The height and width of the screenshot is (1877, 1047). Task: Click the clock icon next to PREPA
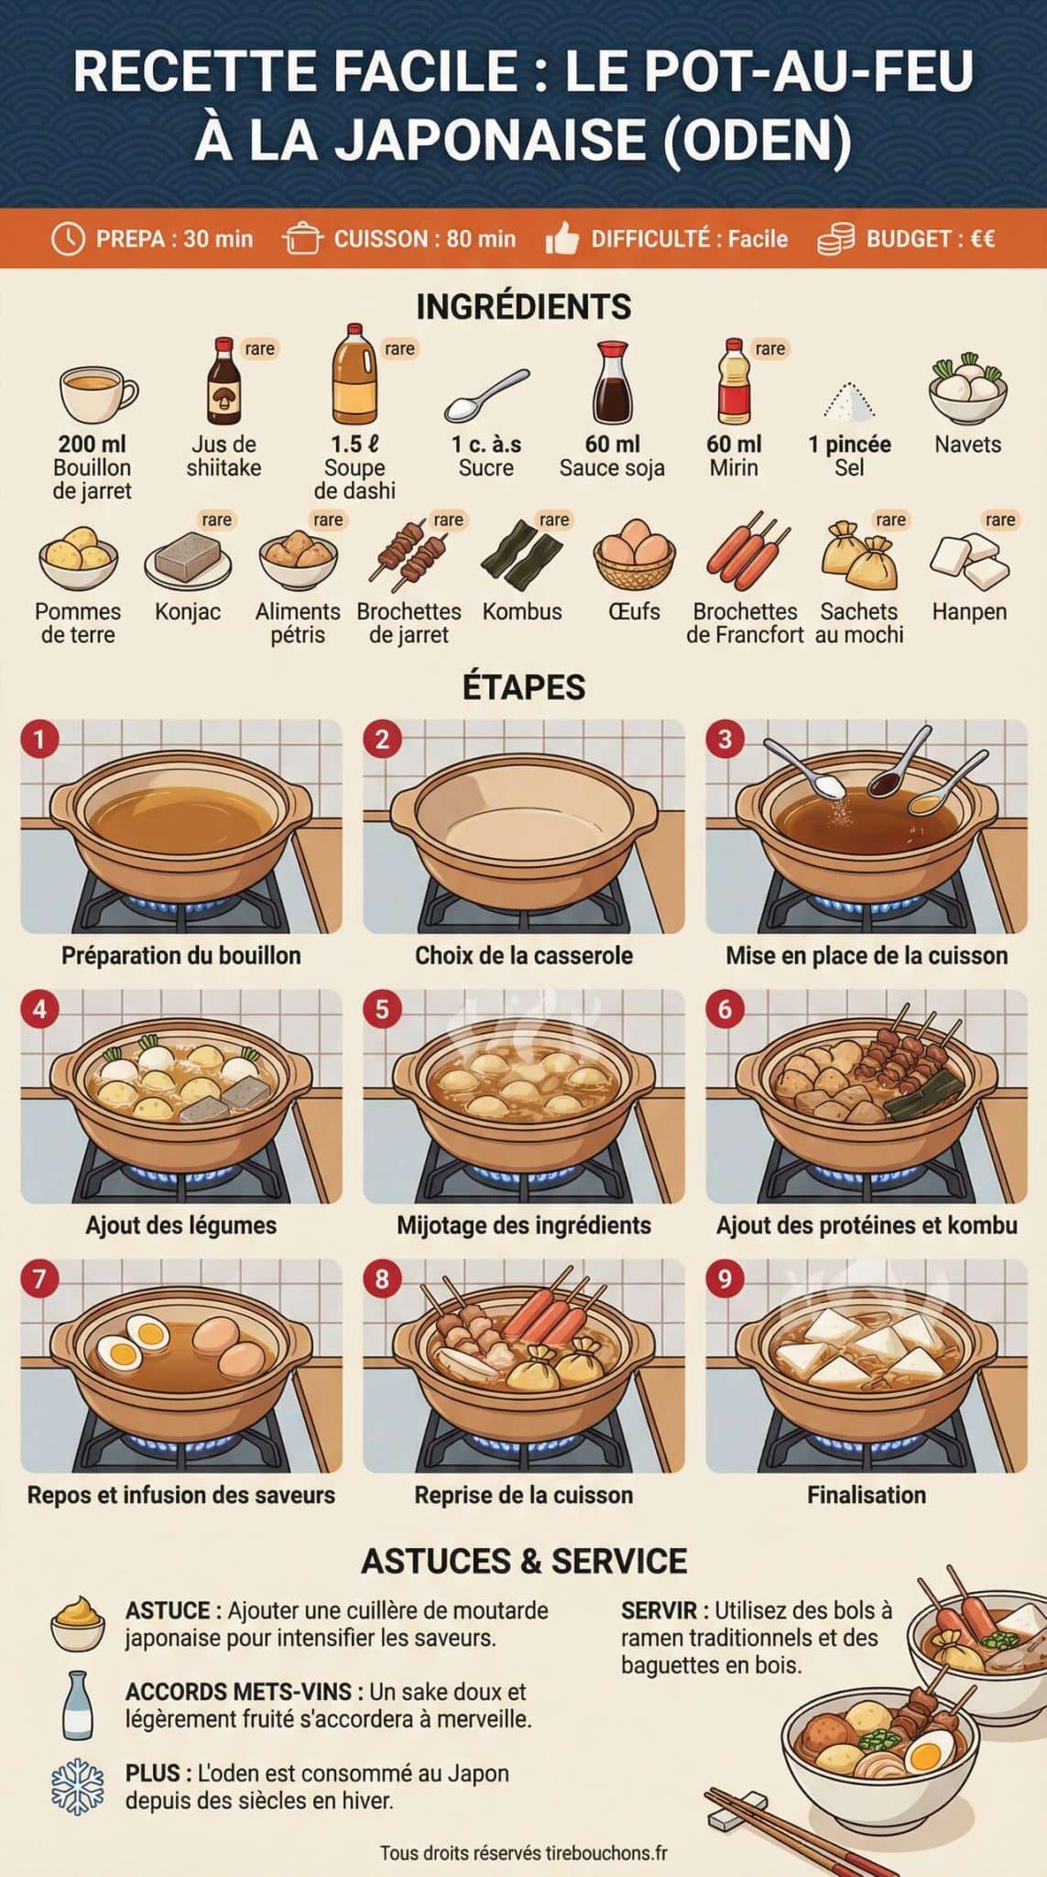click(68, 239)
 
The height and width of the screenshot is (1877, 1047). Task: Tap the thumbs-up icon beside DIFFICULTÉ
click(562, 240)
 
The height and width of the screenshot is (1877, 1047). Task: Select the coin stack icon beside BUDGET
click(834, 239)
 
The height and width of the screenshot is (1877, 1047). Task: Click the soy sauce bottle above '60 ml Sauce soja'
click(611, 384)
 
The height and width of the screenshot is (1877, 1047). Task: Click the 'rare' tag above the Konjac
click(216, 520)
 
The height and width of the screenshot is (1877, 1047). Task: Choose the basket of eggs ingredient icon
click(634, 554)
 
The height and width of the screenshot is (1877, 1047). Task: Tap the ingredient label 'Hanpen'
click(969, 611)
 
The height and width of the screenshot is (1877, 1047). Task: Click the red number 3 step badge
click(725, 739)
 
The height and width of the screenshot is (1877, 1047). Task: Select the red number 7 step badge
click(39, 1279)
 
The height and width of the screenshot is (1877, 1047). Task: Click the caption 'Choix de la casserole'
click(523, 956)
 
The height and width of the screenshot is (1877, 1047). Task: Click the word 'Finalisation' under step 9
click(866, 1495)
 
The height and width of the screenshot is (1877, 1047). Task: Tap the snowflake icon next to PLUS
click(78, 1785)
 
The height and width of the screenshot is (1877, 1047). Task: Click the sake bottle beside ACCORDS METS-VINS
click(77, 1706)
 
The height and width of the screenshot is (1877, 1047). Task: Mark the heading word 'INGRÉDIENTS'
click(523, 306)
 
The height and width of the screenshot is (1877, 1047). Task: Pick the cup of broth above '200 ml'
click(96, 393)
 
